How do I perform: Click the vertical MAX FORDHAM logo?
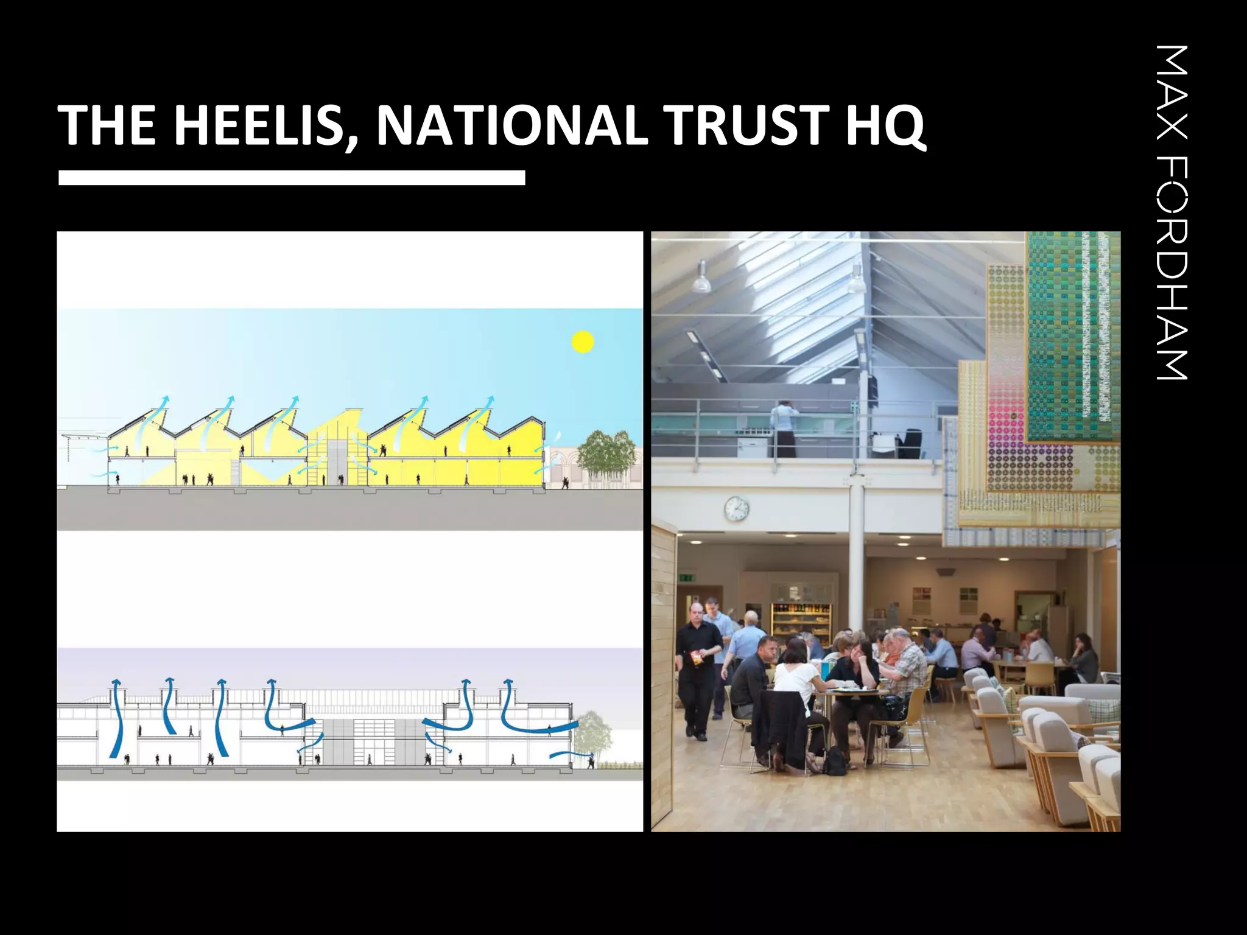click(x=1172, y=213)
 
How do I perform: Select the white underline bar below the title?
click(x=292, y=178)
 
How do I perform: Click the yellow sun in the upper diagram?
click(x=583, y=342)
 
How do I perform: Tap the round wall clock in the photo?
click(x=736, y=508)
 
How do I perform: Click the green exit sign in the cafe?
click(x=687, y=577)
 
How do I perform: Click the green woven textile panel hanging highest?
click(x=1073, y=335)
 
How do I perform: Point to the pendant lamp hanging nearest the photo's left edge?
click(x=701, y=279)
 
